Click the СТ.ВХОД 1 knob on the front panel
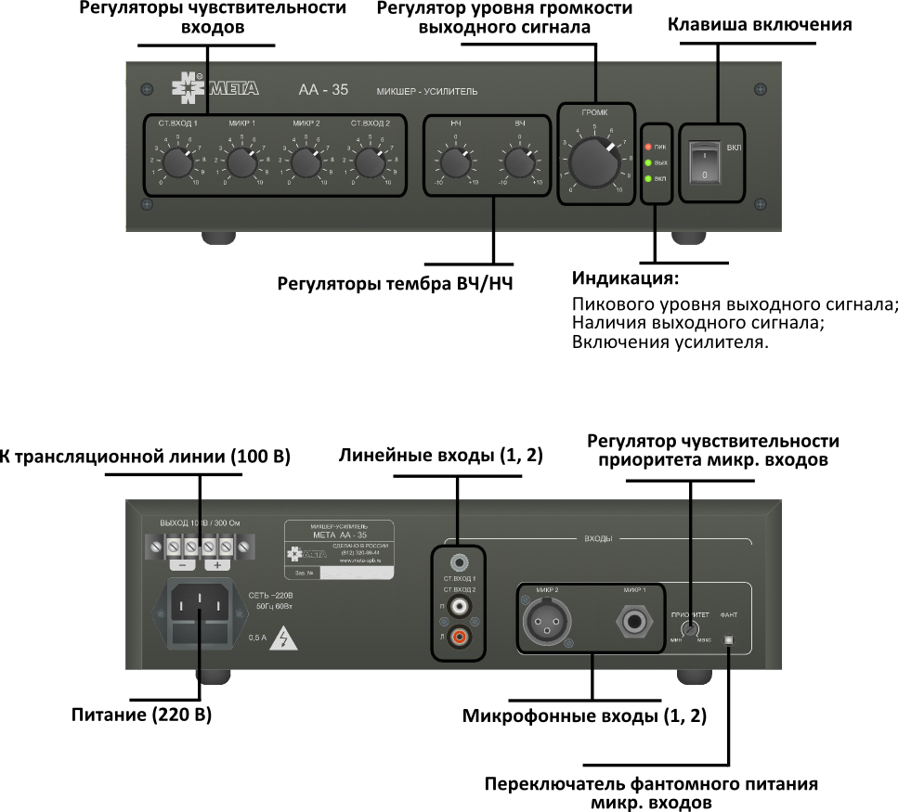click(177, 164)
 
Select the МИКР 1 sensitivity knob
click(241, 164)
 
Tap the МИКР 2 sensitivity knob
click(306, 164)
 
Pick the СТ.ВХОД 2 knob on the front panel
click(370, 164)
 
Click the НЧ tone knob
click(455, 164)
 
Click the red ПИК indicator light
click(648, 147)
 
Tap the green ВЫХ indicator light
click(648, 162)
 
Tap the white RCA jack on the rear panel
click(457, 607)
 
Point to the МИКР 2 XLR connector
click(544, 623)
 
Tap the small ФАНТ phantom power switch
click(729, 640)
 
